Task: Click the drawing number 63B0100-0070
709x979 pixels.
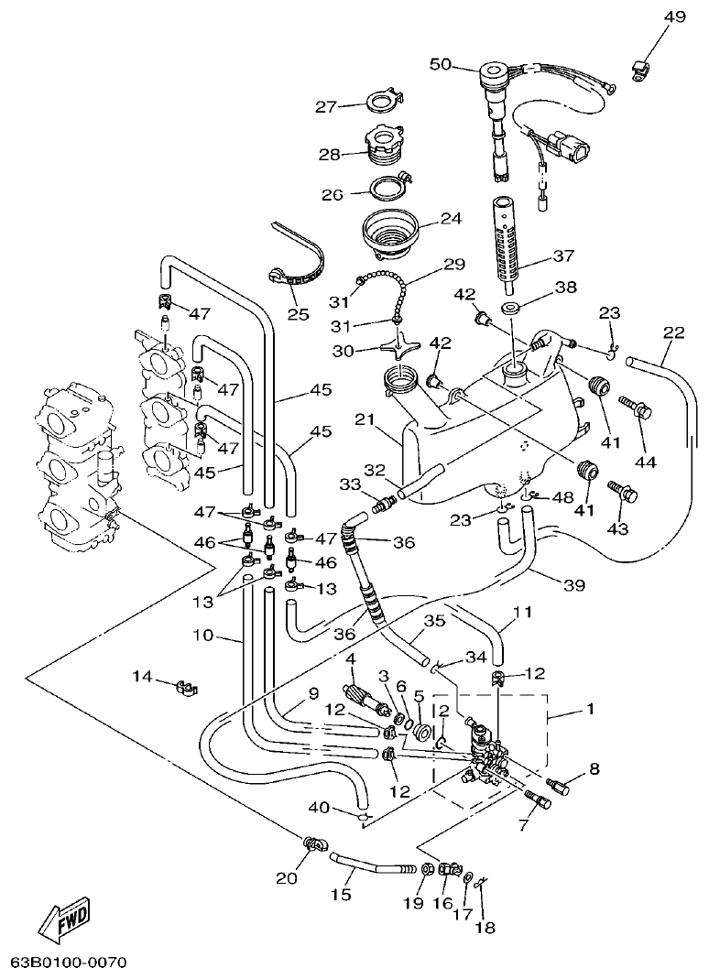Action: point(68,963)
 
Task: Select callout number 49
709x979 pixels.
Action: point(674,17)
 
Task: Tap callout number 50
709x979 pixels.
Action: point(441,63)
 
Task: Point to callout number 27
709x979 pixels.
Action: point(327,107)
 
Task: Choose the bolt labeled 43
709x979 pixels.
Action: point(627,489)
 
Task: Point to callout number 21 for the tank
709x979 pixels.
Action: point(365,419)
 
